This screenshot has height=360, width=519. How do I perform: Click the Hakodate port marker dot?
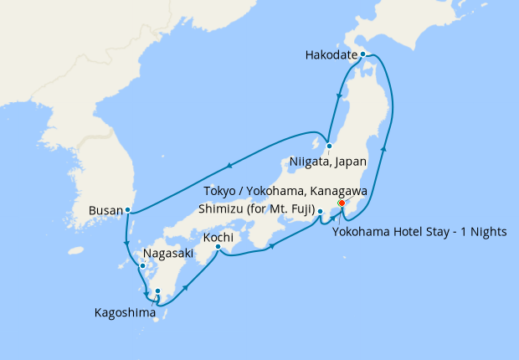tap(362, 54)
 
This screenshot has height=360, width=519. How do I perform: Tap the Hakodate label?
tap(332, 57)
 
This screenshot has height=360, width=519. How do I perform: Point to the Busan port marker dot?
tap(127, 209)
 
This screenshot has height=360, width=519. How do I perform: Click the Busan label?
tap(105, 211)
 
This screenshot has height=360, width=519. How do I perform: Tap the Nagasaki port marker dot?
tap(142, 266)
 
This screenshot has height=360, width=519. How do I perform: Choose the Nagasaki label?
tap(169, 252)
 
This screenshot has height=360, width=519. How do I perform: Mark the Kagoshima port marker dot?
tap(157, 291)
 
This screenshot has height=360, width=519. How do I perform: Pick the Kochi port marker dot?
tap(218, 246)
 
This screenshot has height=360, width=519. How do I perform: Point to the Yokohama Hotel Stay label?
tap(419, 232)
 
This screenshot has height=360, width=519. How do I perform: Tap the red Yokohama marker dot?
tap(342, 203)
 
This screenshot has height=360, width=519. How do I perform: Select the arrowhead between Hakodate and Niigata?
tap(338, 96)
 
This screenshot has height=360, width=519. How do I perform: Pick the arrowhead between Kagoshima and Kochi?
tap(183, 285)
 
